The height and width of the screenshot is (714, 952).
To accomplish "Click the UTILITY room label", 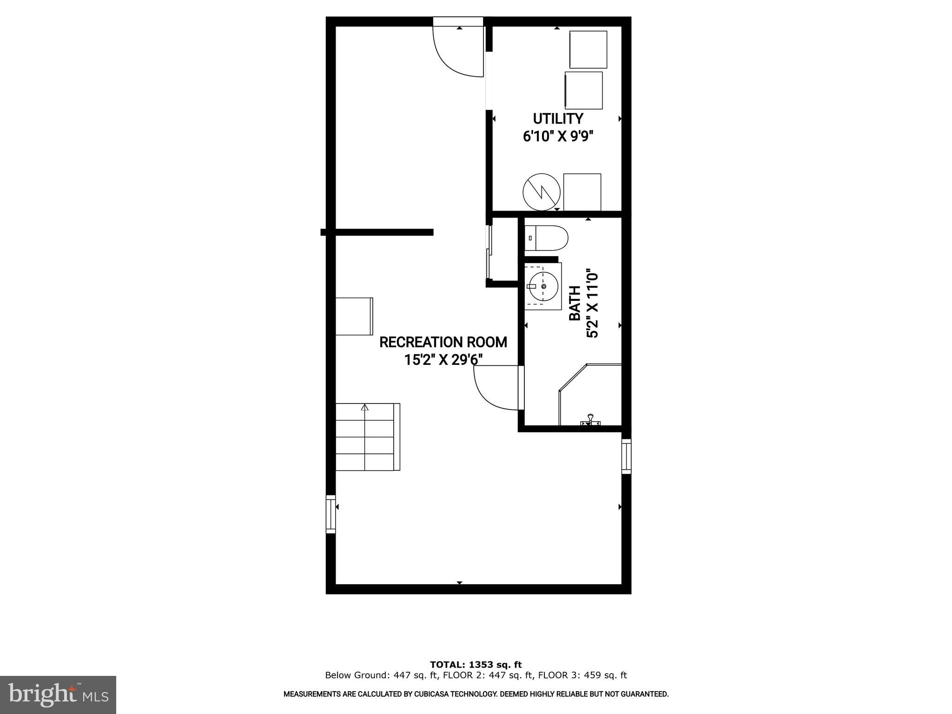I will pyautogui.click(x=558, y=119).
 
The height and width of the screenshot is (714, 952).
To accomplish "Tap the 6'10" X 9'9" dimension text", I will pyautogui.click(x=558, y=137).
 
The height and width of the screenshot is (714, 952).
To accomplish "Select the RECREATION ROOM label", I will pyautogui.click(x=443, y=342).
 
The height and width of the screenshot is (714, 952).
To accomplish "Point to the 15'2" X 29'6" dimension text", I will pyautogui.click(x=443, y=360).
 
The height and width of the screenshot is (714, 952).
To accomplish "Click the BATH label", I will pyautogui.click(x=575, y=303).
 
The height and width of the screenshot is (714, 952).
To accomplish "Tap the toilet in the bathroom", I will pyautogui.click(x=547, y=238).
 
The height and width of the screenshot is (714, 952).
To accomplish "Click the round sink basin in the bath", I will pyautogui.click(x=543, y=286).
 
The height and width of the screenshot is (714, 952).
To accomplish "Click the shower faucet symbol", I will pyautogui.click(x=590, y=420).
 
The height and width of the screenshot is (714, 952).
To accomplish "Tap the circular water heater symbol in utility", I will pyautogui.click(x=542, y=192).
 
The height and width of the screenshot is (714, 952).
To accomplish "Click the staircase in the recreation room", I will pyautogui.click(x=367, y=437).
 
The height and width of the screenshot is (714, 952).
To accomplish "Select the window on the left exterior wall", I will pyautogui.click(x=331, y=514).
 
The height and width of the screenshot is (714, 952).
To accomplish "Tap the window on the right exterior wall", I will pyautogui.click(x=627, y=456).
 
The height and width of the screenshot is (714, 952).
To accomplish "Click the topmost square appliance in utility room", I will pyautogui.click(x=588, y=49).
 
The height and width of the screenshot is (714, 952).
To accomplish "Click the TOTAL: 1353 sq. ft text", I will pyautogui.click(x=476, y=665).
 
